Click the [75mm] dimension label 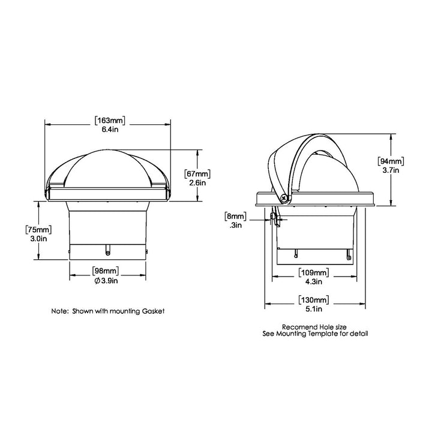[x=37, y=230]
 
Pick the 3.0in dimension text [x=37, y=238]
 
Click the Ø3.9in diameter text [x=108, y=280]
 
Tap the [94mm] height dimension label [x=391, y=161]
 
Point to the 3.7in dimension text [x=391, y=170]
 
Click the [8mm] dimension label [x=234, y=216]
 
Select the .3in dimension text [x=235, y=225]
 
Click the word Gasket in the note [x=152, y=312]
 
